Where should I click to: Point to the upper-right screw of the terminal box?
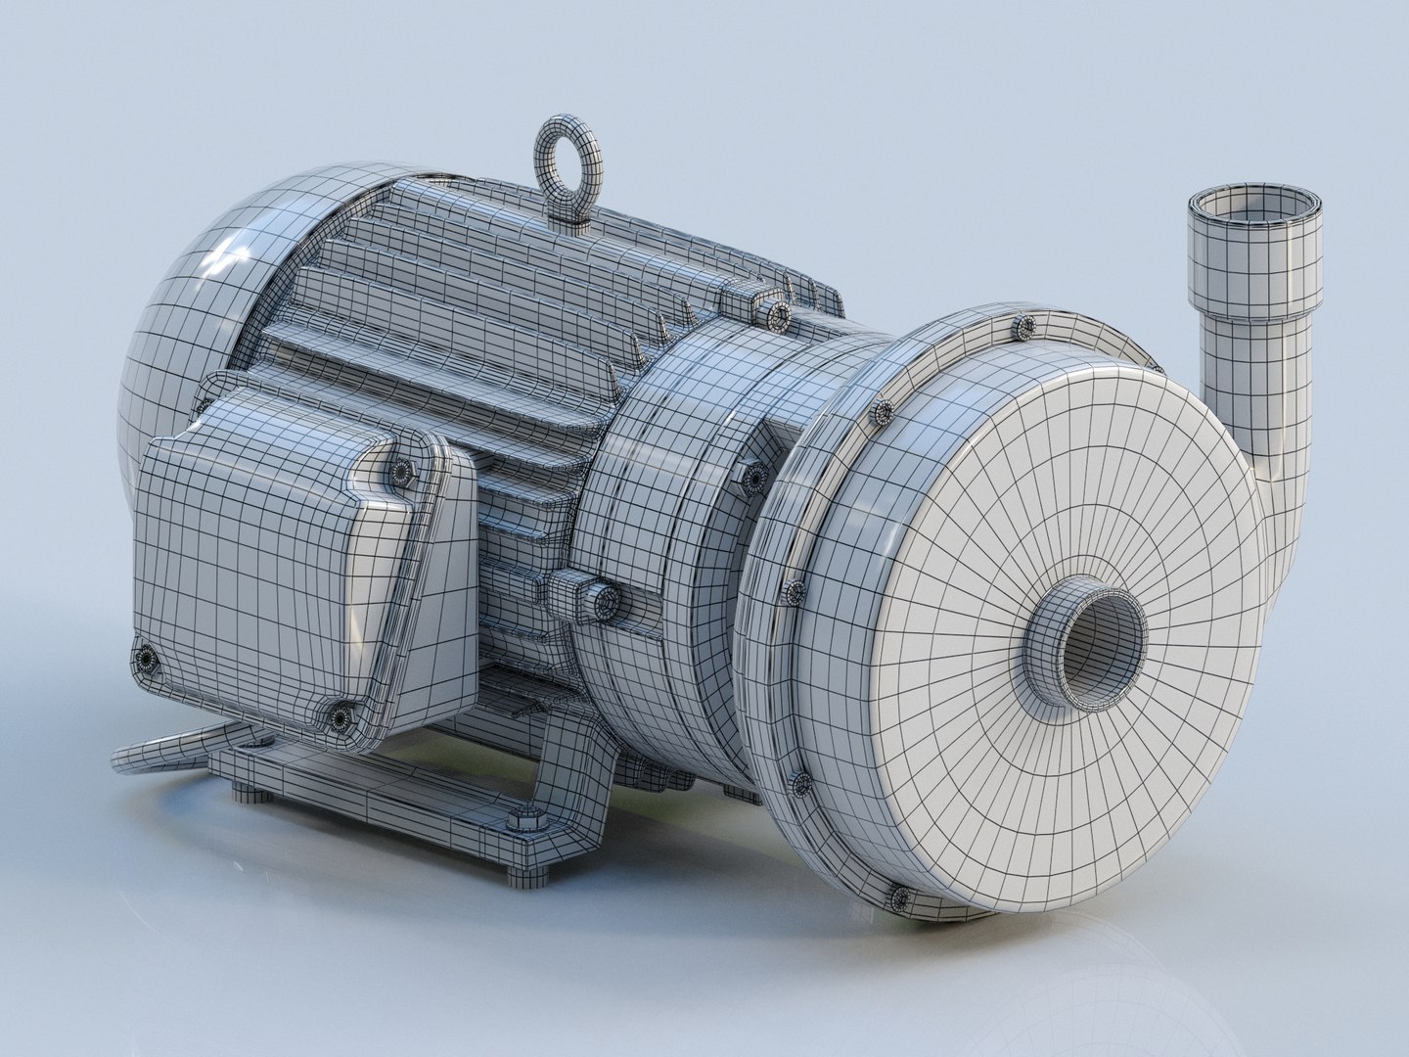(400, 473)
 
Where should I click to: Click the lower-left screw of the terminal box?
(146, 660)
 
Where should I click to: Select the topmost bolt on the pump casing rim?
(1024, 324)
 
